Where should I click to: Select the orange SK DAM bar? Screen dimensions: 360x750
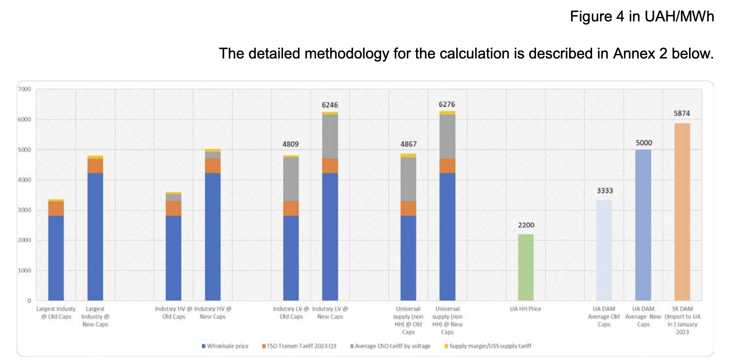coord(682,212)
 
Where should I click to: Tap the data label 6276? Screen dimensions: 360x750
coord(447,105)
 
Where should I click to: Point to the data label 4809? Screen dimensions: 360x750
coord(291,144)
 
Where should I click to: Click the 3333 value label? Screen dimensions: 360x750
coord(605,191)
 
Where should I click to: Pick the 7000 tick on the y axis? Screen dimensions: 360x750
coord(25,89)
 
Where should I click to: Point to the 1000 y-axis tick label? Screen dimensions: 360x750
coord(25,271)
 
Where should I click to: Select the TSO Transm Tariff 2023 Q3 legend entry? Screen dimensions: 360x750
coord(299,346)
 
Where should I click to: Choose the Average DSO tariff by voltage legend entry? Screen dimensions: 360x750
coord(390,346)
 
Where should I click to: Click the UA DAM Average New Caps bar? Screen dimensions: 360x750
coord(643,225)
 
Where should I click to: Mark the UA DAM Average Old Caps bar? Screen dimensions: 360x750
coord(604,250)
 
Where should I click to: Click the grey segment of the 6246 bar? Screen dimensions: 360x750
coord(330,136)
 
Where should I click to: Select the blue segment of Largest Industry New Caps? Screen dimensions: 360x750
coord(95,236)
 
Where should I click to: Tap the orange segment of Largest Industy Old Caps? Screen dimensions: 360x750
coord(56,208)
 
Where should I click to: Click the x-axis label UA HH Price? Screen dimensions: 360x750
coord(525,309)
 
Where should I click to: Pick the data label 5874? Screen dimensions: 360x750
coord(682,113)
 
